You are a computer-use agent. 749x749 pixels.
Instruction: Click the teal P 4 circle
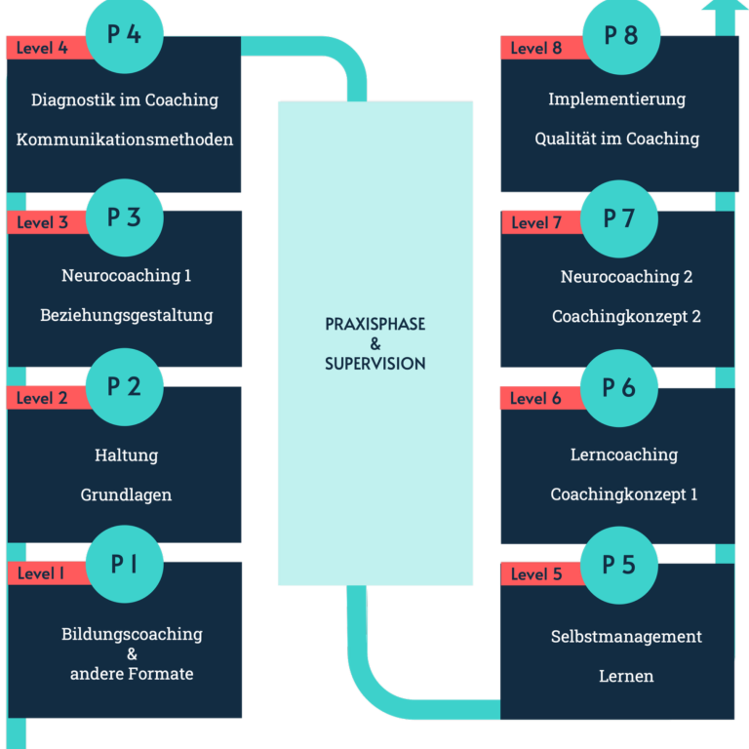(x=125, y=34)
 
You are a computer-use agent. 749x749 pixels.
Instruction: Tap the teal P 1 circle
(x=125, y=564)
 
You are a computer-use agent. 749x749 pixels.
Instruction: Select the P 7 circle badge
(x=619, y=218)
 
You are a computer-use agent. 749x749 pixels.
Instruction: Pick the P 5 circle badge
(x=619, y=565)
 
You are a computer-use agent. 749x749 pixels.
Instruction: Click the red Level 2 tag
(x=48, y=398)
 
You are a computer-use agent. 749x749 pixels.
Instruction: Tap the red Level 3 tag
(x=48, y=222)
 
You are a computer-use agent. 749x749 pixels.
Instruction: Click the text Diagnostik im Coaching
(x=125, y=99)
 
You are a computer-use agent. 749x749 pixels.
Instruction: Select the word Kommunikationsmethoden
(x=125, y=139)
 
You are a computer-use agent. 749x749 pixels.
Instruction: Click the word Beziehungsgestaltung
(x=127, y=315)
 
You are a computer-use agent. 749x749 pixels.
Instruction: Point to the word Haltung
(x=127, y=454)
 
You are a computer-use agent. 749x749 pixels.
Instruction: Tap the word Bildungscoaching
(x=132, y=634)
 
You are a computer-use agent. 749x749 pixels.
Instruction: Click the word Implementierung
(x=616, y=99)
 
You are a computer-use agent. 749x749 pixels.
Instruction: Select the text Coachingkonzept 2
(x=626, y=316)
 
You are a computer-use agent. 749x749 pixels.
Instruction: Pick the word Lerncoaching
(x=624, y=454)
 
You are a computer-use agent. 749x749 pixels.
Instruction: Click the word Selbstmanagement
(x=626, y=636)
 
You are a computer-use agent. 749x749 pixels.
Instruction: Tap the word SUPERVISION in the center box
(x=375, y=364)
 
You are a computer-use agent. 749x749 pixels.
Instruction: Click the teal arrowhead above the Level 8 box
(x=725, y=6)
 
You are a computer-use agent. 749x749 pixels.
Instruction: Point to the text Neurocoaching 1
(x=127, y=276)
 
